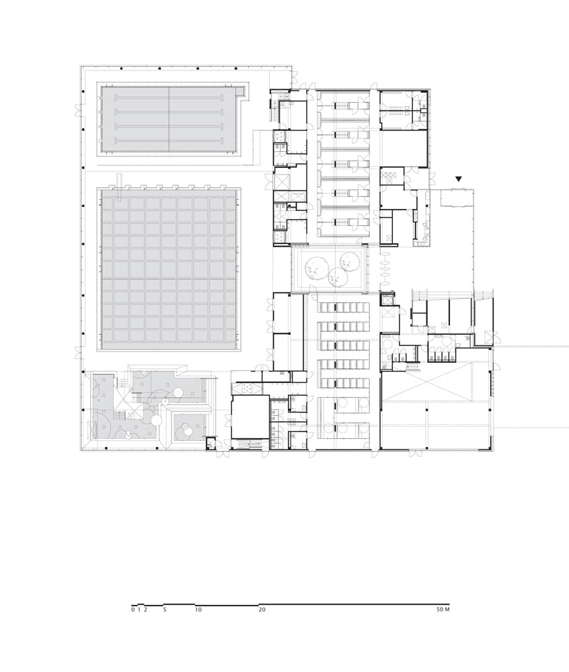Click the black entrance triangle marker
click(x=459, y=179)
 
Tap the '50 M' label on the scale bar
click(x=443, y=610)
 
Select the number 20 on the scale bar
click(x=262, y=610)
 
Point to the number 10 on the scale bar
click(x=198, y=610)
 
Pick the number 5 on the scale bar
click(x=165, y=610)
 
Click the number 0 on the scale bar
click(x=133, y=610)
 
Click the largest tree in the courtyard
click(x=316, y=268)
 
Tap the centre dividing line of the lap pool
click(x=169, y=119)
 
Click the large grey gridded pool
click(x=169, y=270)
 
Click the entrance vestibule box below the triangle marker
click(x=457, y=198)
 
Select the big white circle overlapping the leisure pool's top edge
click(x=155, y=419)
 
